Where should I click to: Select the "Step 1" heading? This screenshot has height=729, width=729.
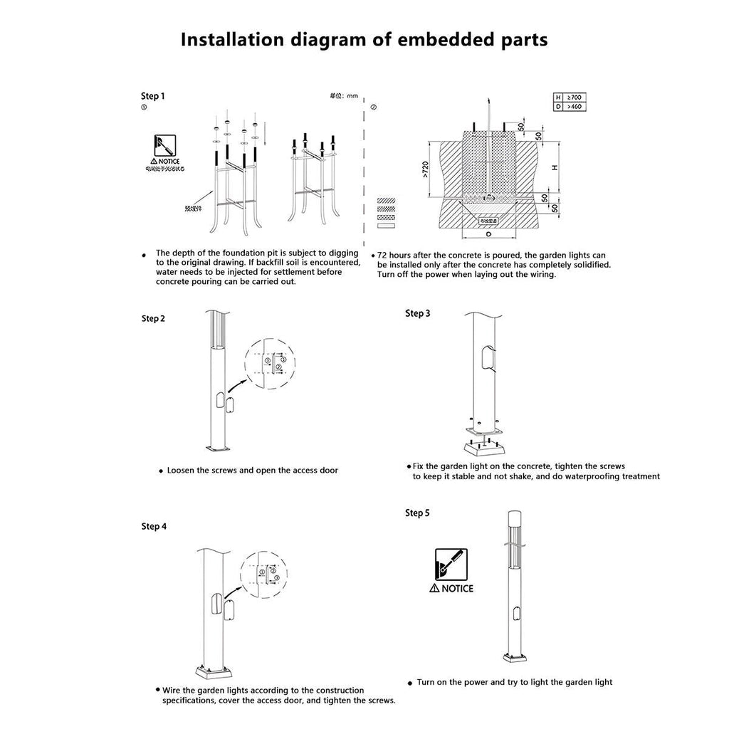(x=153, y=96)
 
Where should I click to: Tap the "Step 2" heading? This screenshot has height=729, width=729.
(x=153, y=318)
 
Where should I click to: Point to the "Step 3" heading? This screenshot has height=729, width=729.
(x=417, y=313)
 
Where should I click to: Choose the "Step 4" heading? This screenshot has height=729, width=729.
(x=154, y=526)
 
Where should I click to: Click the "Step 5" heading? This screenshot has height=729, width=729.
(x=417, y=513)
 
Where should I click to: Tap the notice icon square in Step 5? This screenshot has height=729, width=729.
(x=451, y=564)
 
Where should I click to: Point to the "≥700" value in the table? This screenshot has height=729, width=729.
(x=573, y=96)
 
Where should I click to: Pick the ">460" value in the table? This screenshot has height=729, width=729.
(x=573, y=106)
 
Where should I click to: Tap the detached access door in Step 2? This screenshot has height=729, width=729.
(x=231, y=407)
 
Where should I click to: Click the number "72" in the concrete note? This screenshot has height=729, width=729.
(x=382, y=255)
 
